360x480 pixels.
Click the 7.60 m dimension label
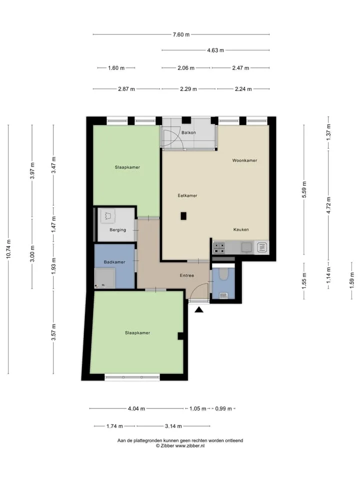(x=181, y=34)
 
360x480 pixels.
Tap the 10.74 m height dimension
(x=8, y=249)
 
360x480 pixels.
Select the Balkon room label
(x=188, y=132)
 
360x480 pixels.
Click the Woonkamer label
(x=244, y=160)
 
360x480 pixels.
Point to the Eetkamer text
(x=187, y=195)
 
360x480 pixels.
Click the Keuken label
(x=241, y=229)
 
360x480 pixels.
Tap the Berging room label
(x=118, y=230)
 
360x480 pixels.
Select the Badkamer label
(x=114, y=262)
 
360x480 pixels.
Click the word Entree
(x=187, y=275)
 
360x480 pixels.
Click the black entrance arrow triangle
(x=199, y=310)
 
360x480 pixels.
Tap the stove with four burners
(x=219, y=248)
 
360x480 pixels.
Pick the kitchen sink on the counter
(x=246, y=247)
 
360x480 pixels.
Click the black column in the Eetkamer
(x=183, y=216)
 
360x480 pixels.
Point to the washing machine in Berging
(x=108, y=216)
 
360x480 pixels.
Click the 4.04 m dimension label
(x=136, y=408)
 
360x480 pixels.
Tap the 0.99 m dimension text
(x=223, y=408)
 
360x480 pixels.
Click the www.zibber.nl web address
(x=190, y=446)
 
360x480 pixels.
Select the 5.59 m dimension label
(x=304, y=190)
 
